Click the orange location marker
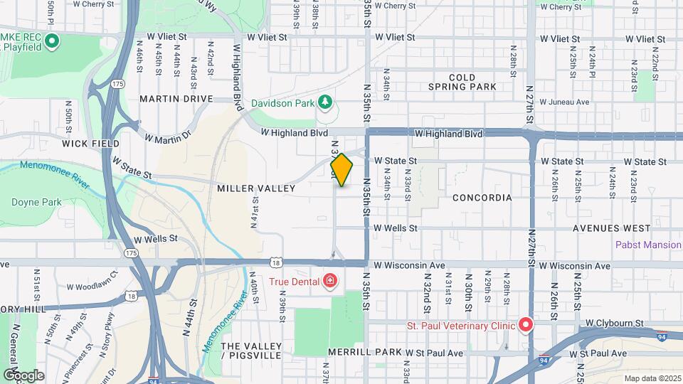coord(341,170)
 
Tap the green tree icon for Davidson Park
coord(326,102)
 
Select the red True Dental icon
coord(329,281)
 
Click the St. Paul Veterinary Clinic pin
coord(526,326)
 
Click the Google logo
coord(23,375)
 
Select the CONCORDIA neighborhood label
coord(482,198)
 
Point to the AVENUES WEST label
coord(613,228)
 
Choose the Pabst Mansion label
coord(648,245)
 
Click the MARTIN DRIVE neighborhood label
coord(176,98)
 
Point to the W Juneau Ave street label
coord(564,102)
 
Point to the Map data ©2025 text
coord(651,378)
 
